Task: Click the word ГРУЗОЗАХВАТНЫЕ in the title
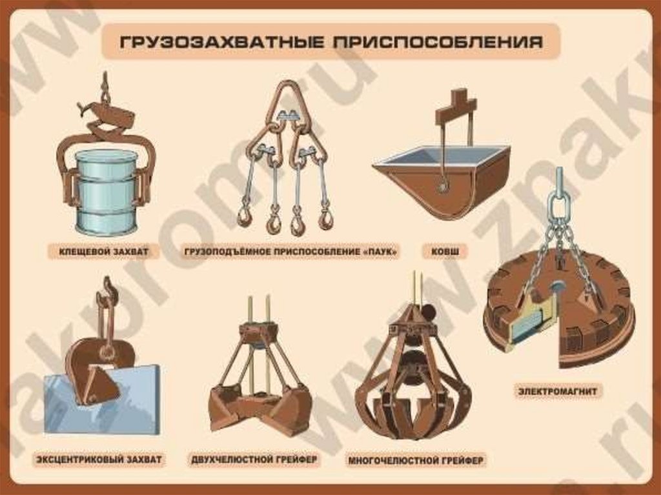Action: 222,42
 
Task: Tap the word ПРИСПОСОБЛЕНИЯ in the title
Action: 438,42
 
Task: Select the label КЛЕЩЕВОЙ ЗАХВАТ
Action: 104,252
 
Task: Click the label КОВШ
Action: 445,252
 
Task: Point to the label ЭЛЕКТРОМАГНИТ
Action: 558,391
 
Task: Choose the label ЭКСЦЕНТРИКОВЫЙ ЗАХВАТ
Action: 99,459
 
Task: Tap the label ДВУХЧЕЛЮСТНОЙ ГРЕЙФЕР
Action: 254,459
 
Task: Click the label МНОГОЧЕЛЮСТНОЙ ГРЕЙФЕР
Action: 416,460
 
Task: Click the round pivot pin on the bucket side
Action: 443,185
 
